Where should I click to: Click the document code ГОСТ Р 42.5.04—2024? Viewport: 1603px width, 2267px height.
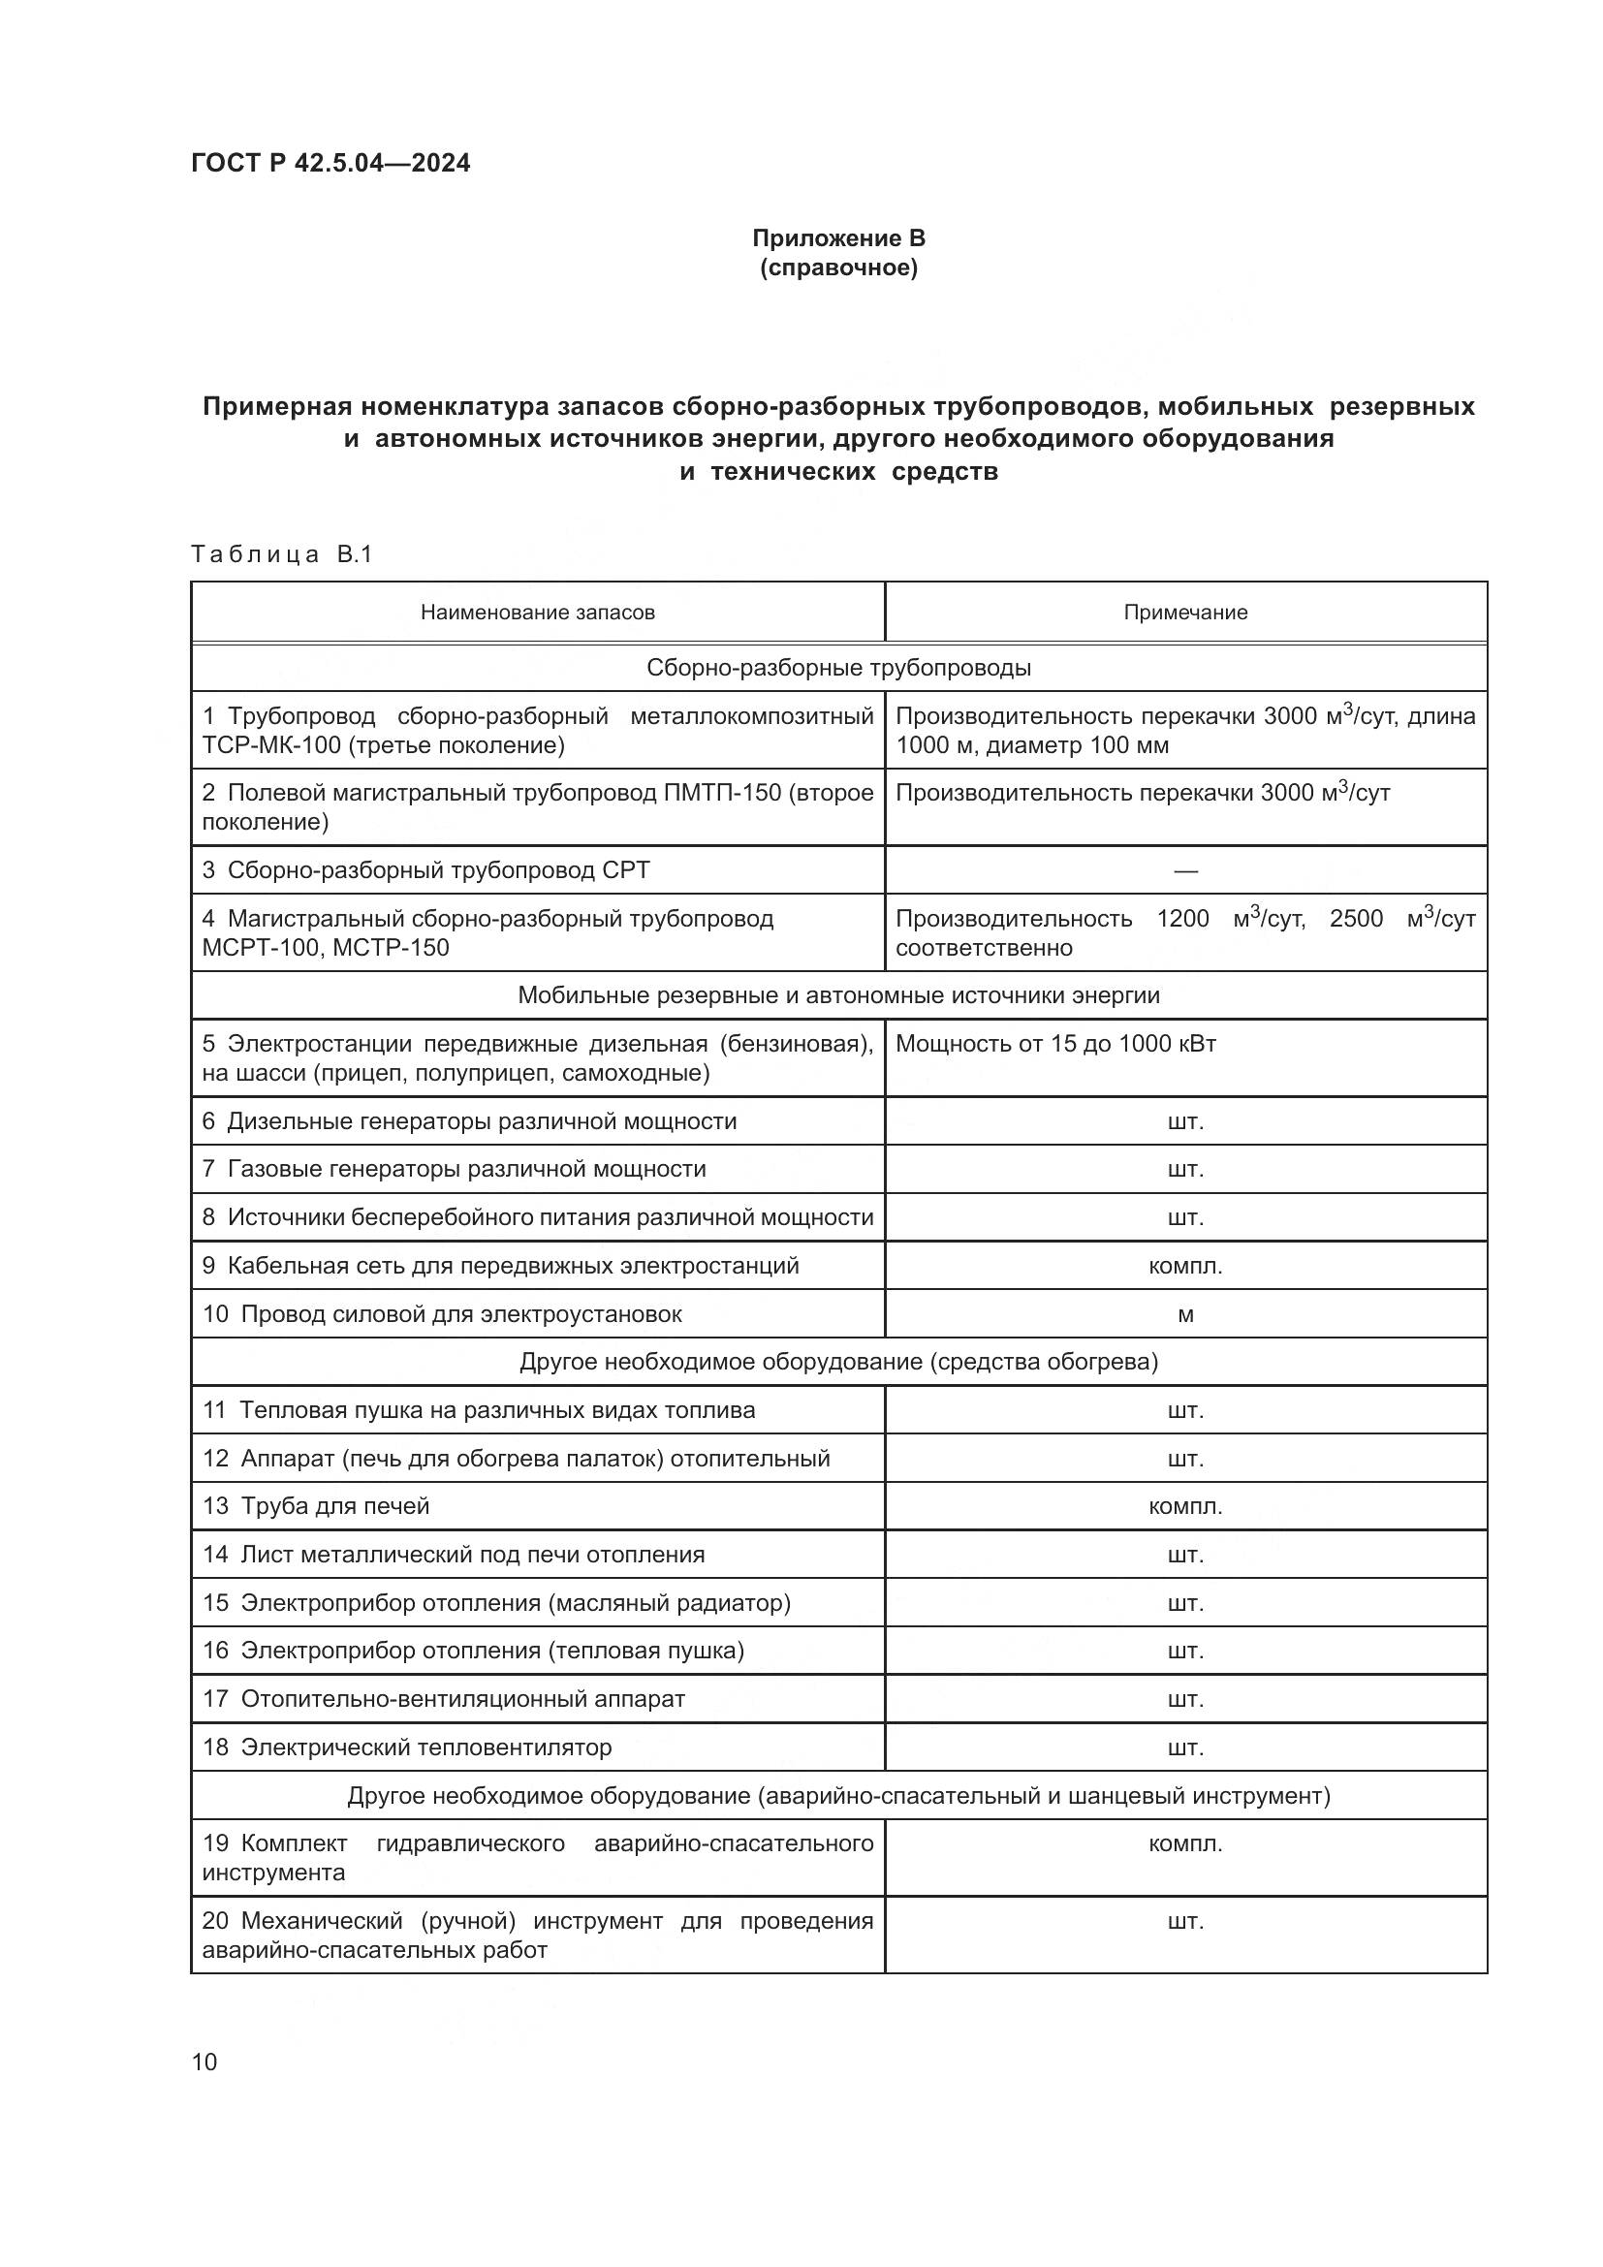coord(330,163)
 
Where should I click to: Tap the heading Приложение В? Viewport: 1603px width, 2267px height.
coord(838,238)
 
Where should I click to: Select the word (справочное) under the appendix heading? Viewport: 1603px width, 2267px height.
coord(838,268)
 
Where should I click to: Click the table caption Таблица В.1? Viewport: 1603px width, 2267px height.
coord(281,554)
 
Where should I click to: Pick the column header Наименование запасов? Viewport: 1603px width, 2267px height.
coord(537,613)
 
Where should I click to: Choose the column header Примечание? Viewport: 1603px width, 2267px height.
coord(1184,613)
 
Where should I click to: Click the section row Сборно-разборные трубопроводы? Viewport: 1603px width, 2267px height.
coord(838,668)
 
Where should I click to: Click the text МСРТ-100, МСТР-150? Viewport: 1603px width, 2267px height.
coord(326,948)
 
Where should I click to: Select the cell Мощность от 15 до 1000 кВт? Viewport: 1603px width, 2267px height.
coord(1055,1044)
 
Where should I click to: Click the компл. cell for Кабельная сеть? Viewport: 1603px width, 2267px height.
coord(1185,1266)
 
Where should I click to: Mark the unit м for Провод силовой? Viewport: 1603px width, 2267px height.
coord(1185,1315)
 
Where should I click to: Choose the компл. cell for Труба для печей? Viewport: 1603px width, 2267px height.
coord(1185,1507)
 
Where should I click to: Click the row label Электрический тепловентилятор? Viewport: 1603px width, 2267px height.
coord(425,1747)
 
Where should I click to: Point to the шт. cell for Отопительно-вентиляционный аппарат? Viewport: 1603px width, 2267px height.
coord(1185,1699)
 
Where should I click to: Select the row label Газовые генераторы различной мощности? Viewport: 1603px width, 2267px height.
coord(466,1169)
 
